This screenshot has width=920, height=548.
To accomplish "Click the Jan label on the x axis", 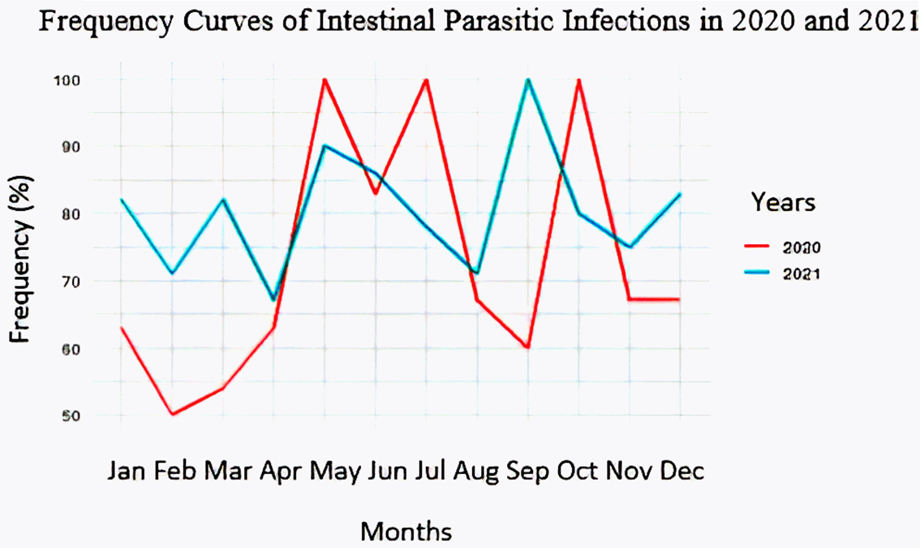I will [x=127, y=471].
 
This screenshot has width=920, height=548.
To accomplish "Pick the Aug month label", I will [x=476, y=471].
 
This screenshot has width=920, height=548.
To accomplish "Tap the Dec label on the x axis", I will [x=681, y=471].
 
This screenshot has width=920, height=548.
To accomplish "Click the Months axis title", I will [x=406, y=531].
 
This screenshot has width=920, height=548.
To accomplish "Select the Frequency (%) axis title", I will [x=22, y=258].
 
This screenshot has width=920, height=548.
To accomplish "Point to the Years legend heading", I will [x=783, y=202].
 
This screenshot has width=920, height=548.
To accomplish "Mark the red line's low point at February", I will [x=172, y=414].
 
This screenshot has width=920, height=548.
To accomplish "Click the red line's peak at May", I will [x=325, y=80].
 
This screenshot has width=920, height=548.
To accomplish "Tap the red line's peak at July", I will [x=426, y=80].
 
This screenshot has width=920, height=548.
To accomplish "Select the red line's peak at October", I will [x=579, y=80].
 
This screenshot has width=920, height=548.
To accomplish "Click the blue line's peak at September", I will [x=528, y=80].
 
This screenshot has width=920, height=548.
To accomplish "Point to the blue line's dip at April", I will [x=273, y=300].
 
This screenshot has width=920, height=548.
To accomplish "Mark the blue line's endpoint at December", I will [x=680, y=194].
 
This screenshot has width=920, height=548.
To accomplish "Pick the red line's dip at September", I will [x=528, y=347].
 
